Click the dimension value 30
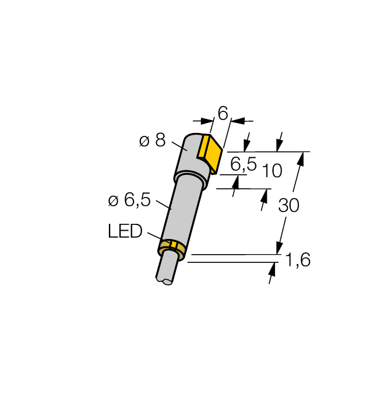(289, 205)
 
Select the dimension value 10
(271, 171)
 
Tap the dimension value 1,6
(298, 260)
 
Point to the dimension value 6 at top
(222, 112)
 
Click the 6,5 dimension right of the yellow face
(244, 164)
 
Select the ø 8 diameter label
(153, 140)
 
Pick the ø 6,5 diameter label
(129, 201)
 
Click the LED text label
(125, 231)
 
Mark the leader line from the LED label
(156, 237)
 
